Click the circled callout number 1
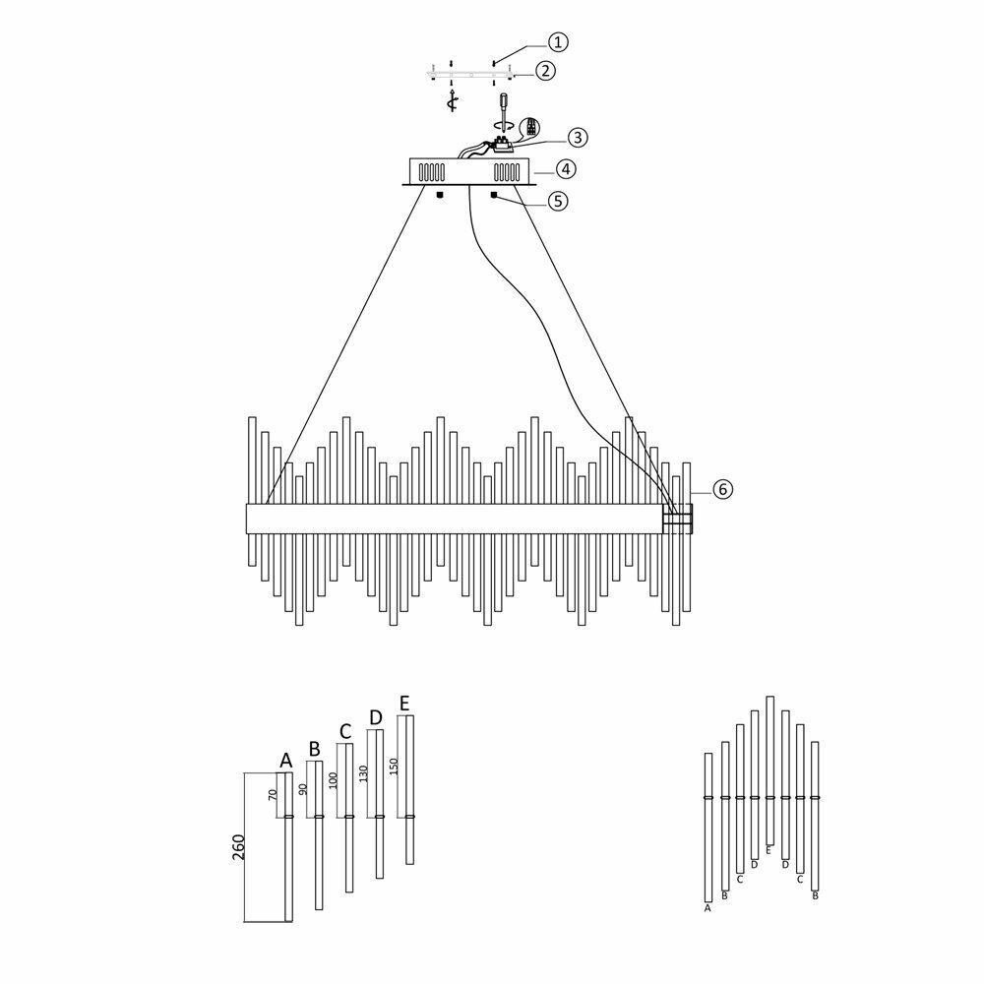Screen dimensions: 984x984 [x=558, y=41]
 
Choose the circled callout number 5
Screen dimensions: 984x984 [x=557, y=201]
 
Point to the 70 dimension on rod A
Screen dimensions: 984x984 [x=274, y=796]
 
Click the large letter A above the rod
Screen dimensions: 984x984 [x=286, y=761]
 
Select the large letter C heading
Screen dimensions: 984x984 [x=344, y=731]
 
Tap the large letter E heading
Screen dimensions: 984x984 [x=404, y=703]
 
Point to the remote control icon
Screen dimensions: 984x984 [x=531, y=128]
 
